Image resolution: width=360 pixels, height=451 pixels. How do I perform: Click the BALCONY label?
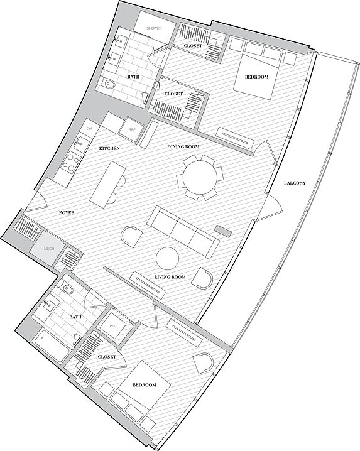click(295, 183)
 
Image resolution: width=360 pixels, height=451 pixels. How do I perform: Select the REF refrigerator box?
click(132, 129)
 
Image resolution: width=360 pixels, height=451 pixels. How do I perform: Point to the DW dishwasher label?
click(89, 128)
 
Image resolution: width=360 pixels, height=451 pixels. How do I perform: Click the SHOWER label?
click(154, 28)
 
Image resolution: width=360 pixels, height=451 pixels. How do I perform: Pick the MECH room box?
click(50, 249)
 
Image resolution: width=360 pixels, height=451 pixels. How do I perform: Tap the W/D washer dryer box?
click(113, 325)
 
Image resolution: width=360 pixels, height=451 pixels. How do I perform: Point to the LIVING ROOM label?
click(170, 277)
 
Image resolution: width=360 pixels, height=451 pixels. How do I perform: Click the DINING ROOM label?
click(183, 146)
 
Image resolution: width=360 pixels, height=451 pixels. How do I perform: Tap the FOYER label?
click(67, 213)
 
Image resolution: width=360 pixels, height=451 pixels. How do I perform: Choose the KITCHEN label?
click(109, 148)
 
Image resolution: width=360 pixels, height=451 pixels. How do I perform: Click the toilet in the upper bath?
click(108, 83)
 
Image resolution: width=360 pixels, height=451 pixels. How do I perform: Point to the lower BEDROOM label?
click(144, 384)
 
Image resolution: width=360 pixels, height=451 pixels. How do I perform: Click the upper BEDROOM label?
click(256, 77)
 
